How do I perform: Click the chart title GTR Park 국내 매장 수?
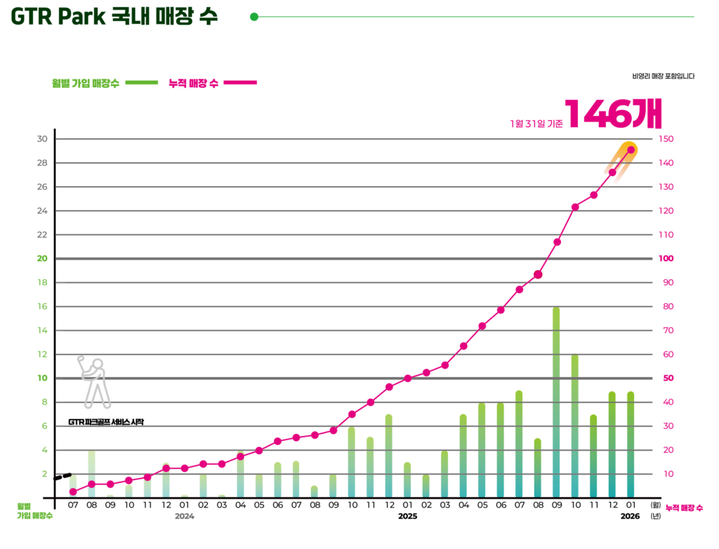[x=114, y=17]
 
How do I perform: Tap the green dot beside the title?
[x=254, y=17]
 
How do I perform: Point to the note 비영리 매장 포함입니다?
[x=663, y=75]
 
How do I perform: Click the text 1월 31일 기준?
[x=536, y=124]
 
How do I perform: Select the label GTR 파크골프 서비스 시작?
[x=106, y=422]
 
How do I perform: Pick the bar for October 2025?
[x=574, y=425]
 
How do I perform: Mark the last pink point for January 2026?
[x=631, y=150]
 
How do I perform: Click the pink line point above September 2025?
[x=556, y=242]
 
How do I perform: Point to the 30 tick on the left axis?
[x=42, y=139]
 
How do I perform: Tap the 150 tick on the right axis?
[x=667, y=139]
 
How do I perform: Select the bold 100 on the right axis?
[x=666, y=258]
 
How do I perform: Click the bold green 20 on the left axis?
[x=42, y=258]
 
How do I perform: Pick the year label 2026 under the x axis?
[x=630, y=517]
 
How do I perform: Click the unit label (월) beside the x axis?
[x=656, y=504]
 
